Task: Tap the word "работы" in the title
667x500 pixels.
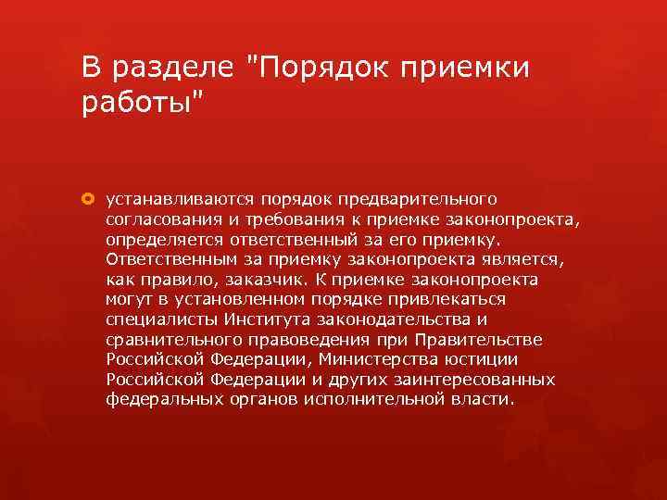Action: [137, 102]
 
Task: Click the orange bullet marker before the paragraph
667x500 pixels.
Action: [89, 199]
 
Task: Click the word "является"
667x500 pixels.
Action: [512, 259]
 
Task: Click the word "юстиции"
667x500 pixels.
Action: [488, 359]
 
